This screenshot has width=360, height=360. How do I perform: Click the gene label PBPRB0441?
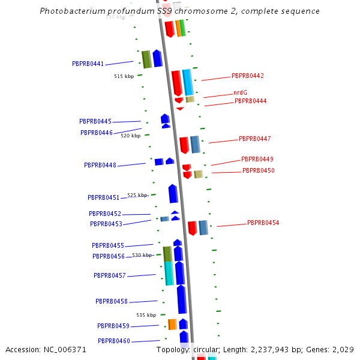88,64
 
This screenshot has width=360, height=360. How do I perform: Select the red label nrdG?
240,92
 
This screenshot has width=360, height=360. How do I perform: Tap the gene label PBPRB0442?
247,76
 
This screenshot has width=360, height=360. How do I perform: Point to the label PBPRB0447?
254,139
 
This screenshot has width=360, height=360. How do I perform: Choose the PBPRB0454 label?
263,223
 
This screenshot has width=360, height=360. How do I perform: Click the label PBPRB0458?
111,301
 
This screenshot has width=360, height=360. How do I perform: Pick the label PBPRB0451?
103,197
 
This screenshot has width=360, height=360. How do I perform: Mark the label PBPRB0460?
113,341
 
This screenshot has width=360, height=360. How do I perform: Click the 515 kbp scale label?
124,76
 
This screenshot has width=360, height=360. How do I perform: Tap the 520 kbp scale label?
130,136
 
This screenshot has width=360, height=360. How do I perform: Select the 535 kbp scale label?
146,315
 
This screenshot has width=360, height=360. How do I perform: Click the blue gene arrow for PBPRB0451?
173,193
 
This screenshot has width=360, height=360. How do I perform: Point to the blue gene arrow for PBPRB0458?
181,299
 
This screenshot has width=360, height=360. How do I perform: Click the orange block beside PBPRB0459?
172,324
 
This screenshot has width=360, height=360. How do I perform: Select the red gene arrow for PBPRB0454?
192,228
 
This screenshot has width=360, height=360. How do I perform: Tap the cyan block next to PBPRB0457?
169,273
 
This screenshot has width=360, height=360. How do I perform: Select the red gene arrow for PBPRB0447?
184,145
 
